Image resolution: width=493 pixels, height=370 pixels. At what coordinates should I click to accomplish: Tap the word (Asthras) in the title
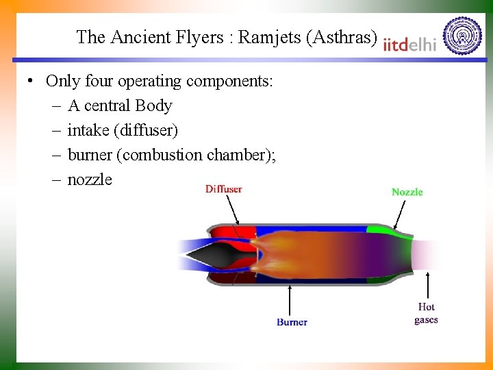[342, 37]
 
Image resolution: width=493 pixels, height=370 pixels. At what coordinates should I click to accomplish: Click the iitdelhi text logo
[409, 44]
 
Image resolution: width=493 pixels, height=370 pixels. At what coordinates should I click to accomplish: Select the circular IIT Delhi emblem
[462, 36]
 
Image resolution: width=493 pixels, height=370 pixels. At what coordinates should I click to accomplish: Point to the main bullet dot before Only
[31, 82]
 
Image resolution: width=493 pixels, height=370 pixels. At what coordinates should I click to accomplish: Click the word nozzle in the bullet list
[89, 180]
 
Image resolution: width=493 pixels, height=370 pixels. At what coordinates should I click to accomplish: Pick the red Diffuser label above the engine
[223, 189]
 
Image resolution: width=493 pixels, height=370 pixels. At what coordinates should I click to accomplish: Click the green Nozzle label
[407, 192]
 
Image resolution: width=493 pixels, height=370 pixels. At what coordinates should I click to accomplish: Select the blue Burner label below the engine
[292, 322]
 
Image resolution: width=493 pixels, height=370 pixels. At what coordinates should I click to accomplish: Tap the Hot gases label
[426, 313]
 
